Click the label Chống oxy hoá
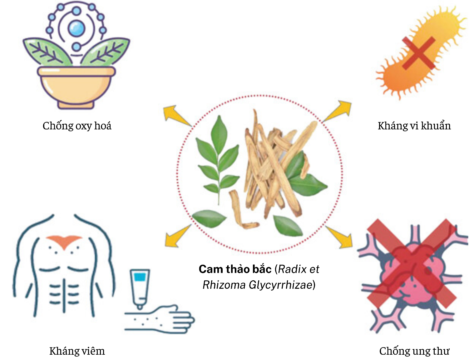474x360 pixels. click(x=77, y=126)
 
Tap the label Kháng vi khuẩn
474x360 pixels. click(x=414, y=126)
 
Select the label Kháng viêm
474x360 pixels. click(x=77, y=351)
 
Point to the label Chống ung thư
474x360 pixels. click(x=414, y=351)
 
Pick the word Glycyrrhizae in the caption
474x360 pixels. click(x=280, y=285)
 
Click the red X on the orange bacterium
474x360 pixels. click(x=418, y=52)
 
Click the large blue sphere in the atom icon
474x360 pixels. click(x=76, y=28)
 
